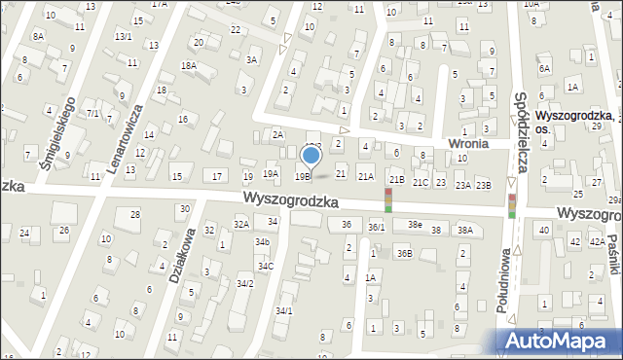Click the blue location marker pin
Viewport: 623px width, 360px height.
[x=311, y=156]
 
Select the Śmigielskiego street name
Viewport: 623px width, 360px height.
[x=57, y=132]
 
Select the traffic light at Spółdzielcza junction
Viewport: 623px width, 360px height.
[x=511, y=205]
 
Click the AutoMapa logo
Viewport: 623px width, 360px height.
[x=562, y=341]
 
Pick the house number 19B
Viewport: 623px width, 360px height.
[x=303, y=176]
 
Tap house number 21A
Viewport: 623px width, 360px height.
[x=365, y=176]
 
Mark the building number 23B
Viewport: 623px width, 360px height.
[x=484, y=184]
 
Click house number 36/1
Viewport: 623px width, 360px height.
[x=376, y=227]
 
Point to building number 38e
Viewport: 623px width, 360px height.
[x=415, y=225]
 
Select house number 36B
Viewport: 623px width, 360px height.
[x=403, y=253]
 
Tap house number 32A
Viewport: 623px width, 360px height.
[x=240, y=224]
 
